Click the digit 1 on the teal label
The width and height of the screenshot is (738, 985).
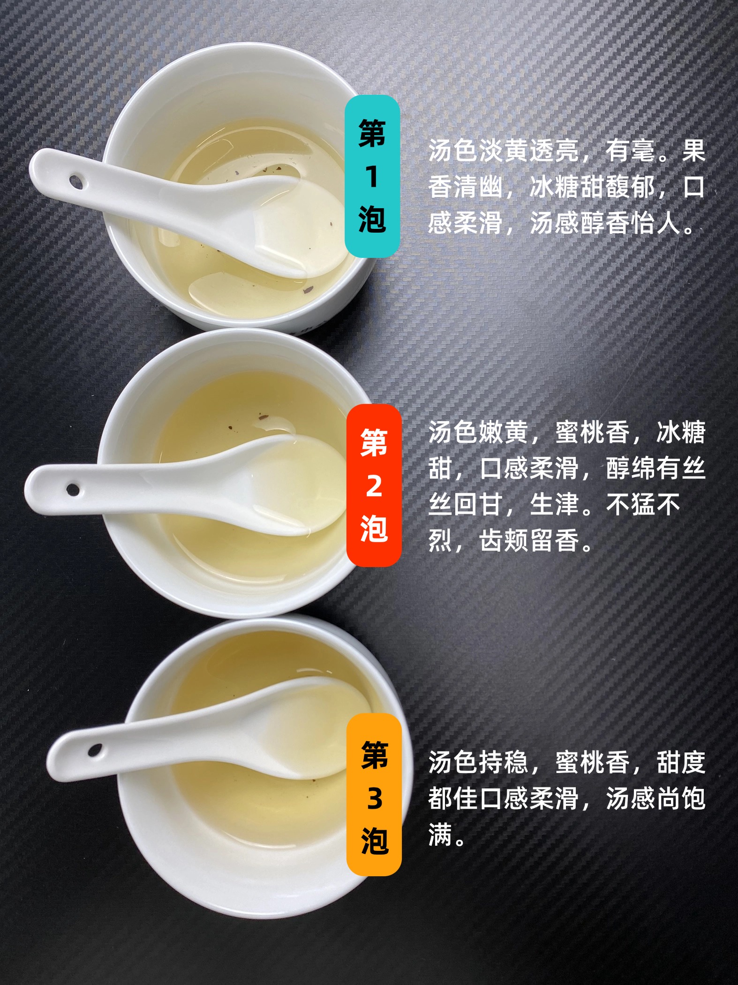coord(372,177)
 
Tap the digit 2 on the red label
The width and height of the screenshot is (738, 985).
coord(374,486)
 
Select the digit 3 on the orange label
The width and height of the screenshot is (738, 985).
coord(374,798)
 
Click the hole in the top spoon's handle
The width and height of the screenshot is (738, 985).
coord(76,182)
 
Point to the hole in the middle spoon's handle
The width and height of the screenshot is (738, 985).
coord(73,490)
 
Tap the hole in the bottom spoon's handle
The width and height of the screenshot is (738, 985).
coord(95,750)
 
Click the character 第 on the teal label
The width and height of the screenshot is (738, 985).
coord(372,133)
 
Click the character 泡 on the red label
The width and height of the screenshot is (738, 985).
coord(374,529)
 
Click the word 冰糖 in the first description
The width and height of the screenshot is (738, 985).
coord(554,187)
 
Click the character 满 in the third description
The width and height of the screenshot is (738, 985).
coord(440,835)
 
